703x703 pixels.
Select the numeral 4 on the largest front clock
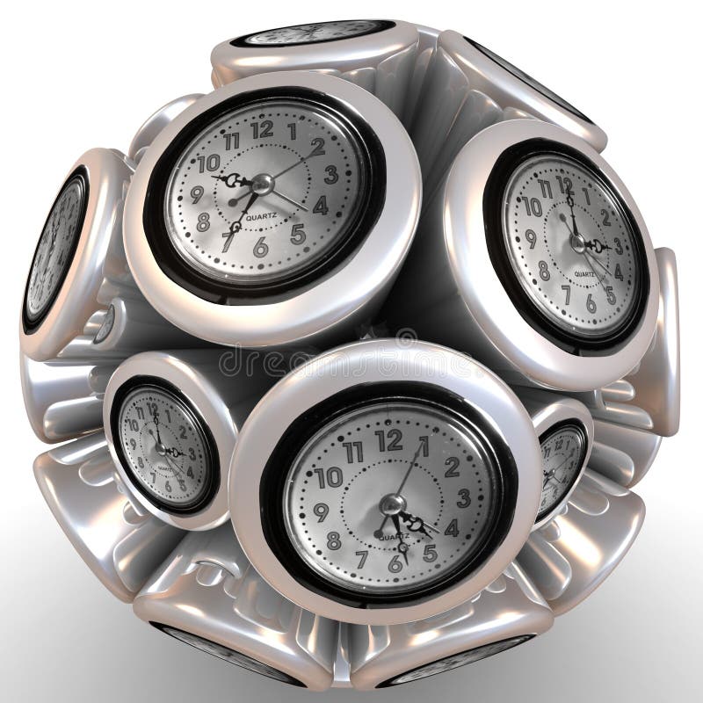(452, 528)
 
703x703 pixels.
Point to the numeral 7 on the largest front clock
(361, 558)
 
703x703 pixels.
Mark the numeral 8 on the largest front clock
(333, 540)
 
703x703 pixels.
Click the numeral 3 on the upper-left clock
(330, 173)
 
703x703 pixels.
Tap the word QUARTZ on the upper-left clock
(263, 217)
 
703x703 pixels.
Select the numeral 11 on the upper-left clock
(232, 141)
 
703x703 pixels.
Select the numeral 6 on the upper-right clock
(591, 304)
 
